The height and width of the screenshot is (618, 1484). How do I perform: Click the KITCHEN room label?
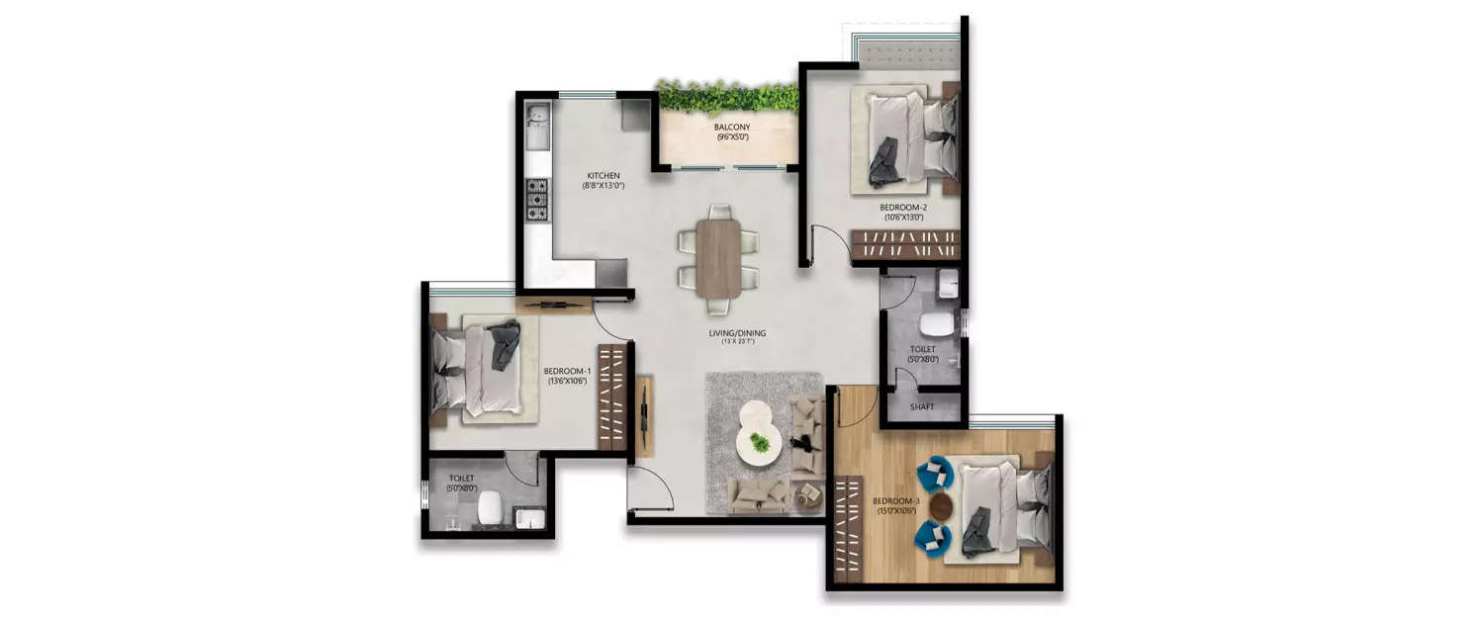click(602, 176)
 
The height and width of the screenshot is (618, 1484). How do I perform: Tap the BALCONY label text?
click(732, 128)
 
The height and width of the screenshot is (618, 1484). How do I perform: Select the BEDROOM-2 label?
click(902, 208)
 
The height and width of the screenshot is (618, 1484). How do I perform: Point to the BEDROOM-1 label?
click(567, 373)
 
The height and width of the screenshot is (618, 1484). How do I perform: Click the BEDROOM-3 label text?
click(896, 501)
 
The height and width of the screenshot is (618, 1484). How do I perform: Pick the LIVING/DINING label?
click(736, 333)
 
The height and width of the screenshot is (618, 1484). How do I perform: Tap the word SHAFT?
click(921, 406)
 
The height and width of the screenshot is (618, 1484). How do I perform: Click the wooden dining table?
click(718, 257)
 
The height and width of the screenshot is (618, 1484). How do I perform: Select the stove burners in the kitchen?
click(536, 199)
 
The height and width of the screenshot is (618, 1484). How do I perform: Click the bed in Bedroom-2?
click(910, 137)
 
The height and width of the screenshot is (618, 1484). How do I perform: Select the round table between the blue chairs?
click(941, 506)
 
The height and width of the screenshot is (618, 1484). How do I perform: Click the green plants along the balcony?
click(728, 96)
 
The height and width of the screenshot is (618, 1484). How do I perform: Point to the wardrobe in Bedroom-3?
click(848, 528)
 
